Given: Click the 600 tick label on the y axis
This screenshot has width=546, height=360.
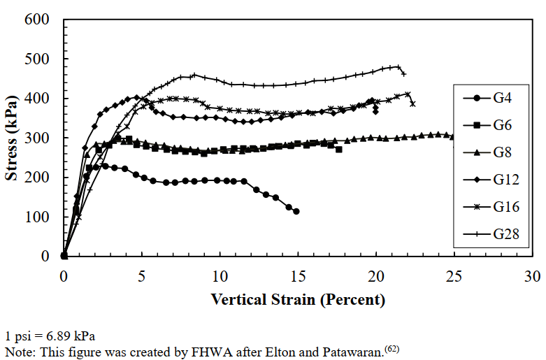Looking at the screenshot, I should point(36,20).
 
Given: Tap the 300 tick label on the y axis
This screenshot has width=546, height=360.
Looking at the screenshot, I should point(36,138).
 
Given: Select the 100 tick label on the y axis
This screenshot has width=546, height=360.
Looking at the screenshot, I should point(36,217).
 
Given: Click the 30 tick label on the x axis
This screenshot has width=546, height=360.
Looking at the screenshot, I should point(532,275).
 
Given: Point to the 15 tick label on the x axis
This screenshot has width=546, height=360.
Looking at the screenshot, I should point(298,275).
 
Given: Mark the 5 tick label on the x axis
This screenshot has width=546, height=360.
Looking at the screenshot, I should point(142,275).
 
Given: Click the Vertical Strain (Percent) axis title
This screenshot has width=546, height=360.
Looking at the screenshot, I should point(298,300).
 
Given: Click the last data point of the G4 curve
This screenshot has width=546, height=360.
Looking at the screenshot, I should point(296,211).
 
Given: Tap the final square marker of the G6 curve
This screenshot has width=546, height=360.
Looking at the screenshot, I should point(339,150).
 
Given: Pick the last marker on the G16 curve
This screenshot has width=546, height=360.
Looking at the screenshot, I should point(412,103).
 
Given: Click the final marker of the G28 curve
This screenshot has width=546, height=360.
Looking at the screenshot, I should point(403,73).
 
